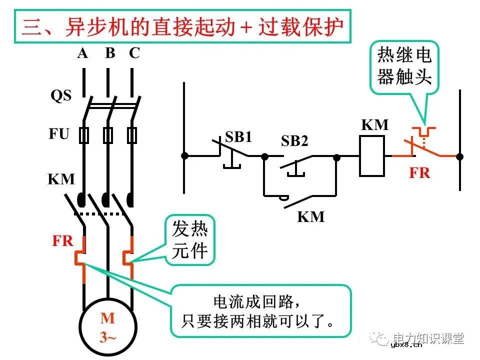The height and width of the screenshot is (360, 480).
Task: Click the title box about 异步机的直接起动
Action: tap(182, 27)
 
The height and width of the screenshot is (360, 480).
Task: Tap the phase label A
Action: tap(82, 53)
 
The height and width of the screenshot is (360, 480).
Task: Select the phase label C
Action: tap(134, 53)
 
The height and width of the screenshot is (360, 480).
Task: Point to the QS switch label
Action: tap(61, 96)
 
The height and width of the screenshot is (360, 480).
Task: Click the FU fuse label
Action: tap(59, 134)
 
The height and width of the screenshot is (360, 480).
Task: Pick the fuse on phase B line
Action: tap(107, 135)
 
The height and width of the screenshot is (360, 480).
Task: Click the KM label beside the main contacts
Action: tap(61, 179)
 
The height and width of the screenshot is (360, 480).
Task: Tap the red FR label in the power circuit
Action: tap(63, 241)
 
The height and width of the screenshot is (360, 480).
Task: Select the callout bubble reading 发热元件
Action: tap(189, 240)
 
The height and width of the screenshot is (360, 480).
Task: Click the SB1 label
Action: tap(238, 137)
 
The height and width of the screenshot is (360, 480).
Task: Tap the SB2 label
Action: tap(294, 141)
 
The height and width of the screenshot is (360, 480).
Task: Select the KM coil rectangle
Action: tap(372, 156)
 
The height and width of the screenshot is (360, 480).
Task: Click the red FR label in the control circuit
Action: tap(419, 173)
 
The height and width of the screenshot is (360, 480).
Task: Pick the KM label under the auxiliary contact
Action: tap(310, 216)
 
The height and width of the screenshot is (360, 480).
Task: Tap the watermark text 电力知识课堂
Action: tap(428, 338)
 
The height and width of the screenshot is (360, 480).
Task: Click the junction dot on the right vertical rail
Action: tap(459, 156)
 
